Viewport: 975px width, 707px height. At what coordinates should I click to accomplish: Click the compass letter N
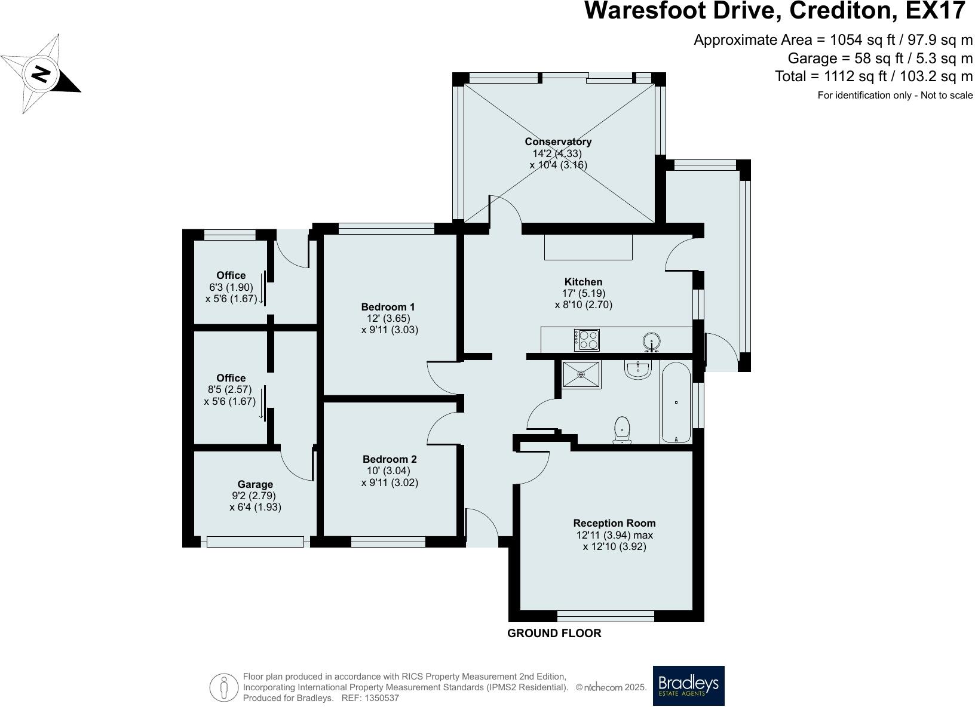pos(41,75)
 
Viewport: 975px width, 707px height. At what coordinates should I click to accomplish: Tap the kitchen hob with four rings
pos(587,340)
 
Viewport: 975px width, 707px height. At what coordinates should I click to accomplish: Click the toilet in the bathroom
pos(622,431)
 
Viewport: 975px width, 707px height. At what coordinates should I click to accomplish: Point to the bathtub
pos(676,402)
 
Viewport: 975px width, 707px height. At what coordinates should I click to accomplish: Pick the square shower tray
pos(581,374)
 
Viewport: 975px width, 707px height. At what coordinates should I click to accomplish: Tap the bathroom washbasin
pos(637,370)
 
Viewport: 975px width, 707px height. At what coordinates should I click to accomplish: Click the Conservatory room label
pos(558,142)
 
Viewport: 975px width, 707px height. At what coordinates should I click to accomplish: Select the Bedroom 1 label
pos(388,307)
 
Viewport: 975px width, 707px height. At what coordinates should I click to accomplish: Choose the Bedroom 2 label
pos(390,459)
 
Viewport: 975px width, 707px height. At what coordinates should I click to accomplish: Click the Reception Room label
pos(614,523)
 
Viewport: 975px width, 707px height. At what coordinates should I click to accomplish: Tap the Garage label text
pos(255,484)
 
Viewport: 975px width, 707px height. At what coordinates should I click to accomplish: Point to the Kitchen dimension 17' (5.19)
pos(583,293)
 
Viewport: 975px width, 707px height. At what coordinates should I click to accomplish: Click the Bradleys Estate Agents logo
pos(689,686)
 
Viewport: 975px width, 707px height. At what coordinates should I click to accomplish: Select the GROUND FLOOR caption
pos(554,633)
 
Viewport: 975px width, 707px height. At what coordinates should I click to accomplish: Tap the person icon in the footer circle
pos(223,687)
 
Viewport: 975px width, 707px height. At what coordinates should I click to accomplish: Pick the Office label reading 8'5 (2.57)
pos(230,389)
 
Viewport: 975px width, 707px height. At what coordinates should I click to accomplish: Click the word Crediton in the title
pos(843,10)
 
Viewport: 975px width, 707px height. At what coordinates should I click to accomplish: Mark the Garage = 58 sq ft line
pos(880,59)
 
